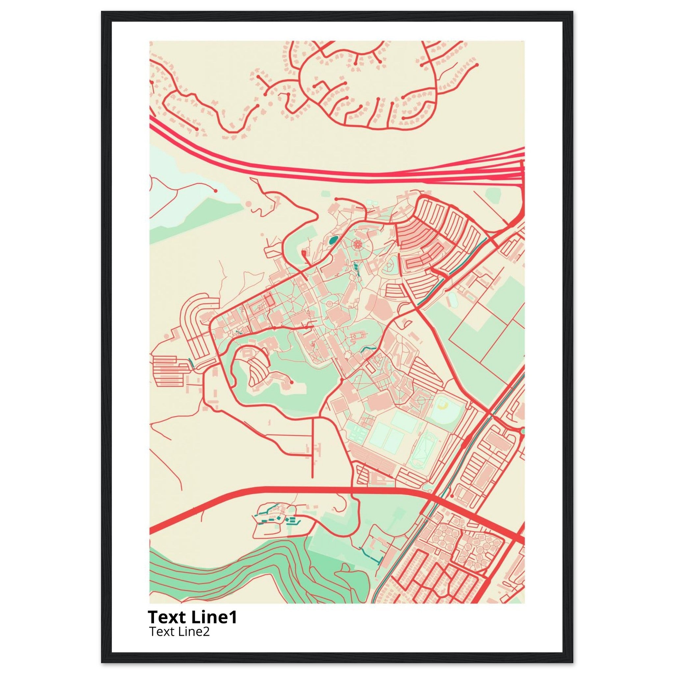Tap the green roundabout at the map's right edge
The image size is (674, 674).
point(522,431)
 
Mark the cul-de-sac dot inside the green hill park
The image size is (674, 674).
point(292,383)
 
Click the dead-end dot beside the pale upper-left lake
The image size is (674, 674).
point(216,191)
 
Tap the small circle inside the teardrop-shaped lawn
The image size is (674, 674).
point(388,268)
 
